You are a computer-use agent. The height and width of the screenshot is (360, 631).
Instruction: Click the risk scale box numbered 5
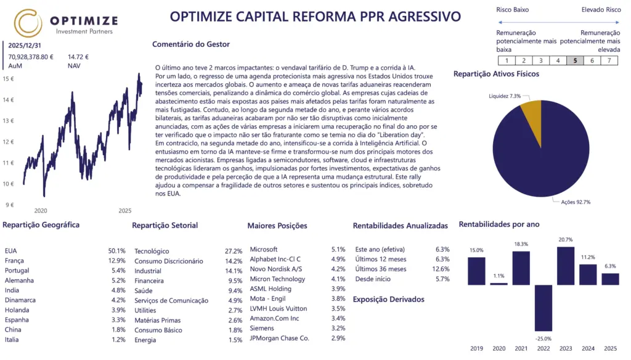pos(575,60)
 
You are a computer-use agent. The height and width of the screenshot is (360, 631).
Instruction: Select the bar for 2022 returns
pos(543,308)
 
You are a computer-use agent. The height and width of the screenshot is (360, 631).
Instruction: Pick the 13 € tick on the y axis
pos(9,120)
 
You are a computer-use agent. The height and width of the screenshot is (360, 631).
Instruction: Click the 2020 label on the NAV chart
pos(41,211)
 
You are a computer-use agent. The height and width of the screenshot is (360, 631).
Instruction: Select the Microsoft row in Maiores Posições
pos(264,250)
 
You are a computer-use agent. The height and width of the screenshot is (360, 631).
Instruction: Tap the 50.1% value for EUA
pos(116,251)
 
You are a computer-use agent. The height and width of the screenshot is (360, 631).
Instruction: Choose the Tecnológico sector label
pos(152,251)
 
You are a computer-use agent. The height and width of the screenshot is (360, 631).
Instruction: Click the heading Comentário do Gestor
pos(190,44)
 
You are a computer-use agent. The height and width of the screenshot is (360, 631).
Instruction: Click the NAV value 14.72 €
pos(78,57)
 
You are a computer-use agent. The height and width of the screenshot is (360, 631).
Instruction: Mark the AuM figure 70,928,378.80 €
pos(31,57)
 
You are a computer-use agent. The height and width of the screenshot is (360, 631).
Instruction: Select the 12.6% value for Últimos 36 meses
pos(441,269)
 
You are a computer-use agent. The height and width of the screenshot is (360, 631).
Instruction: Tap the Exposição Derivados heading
pos(388,300)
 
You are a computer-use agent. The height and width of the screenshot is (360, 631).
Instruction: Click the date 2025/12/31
pos(25,46)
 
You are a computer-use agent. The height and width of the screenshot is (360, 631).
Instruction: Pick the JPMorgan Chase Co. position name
pos(279,338)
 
